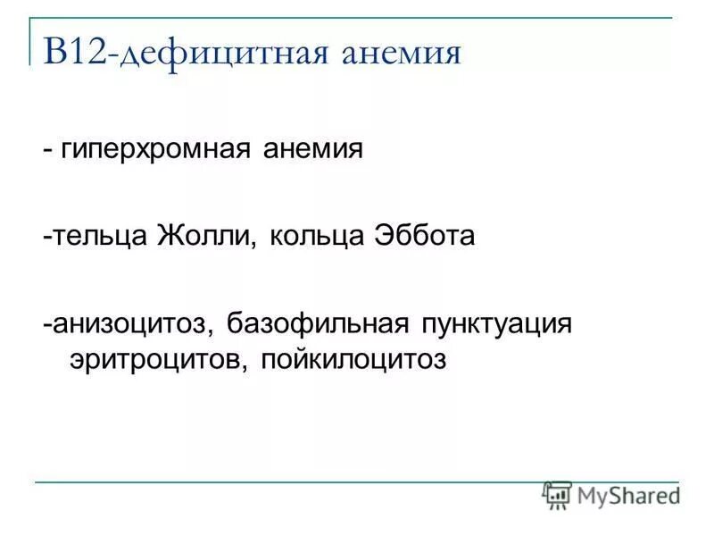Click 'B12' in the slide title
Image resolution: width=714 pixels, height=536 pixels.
coord(74,53)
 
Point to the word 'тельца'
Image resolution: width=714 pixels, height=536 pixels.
coord(99,237)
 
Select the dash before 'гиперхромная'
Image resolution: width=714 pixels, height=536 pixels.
coord(46,148)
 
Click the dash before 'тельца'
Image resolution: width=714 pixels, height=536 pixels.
coord(46,238)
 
